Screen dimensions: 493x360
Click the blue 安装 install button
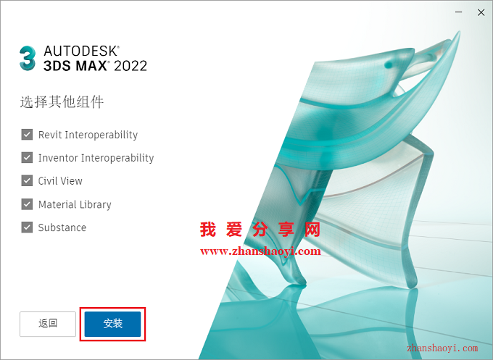pyautogui.click(x=112, y=324)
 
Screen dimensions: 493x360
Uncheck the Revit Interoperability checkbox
pyautogui.click(x=27, y=135)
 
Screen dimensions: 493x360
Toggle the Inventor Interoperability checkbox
pyautogui.click(x=27, y=157)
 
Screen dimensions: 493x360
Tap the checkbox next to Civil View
pyautogui.click(x=27, y=180)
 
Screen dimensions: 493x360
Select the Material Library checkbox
pyautogui.click(x=27, y=204)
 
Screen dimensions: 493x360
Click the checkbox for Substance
pyautogui.click(x=27, y=227)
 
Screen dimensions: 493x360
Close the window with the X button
pyautogui.click(x=481, y=12)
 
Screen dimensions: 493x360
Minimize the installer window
pyautogui.click(x=459, y=12)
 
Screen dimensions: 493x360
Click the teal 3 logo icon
pyautogui.click(x=28, y=59)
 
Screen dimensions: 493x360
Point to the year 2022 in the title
pyautogui.click(x=130, y=66)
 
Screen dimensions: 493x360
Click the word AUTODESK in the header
pyautogui.click(x=81, y=51)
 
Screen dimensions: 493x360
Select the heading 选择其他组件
pyautogui.click(x=62, y=102)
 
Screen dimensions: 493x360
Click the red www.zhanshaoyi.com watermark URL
pyautogui.click(x=260, y=251)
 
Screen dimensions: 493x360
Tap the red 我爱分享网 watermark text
pyautogui.click(x=260, y=230)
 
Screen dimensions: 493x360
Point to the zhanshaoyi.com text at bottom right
pyautogui.click(x=442, y=348)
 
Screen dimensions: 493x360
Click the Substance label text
pyautogui.click(x=62, y=227)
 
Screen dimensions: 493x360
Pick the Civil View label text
pyautogui.click(x=60, y=181)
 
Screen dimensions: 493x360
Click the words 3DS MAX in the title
pyautogui.click(x=75, y=66)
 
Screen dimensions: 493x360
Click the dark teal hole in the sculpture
pyautogui.click(x=389, y=64)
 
